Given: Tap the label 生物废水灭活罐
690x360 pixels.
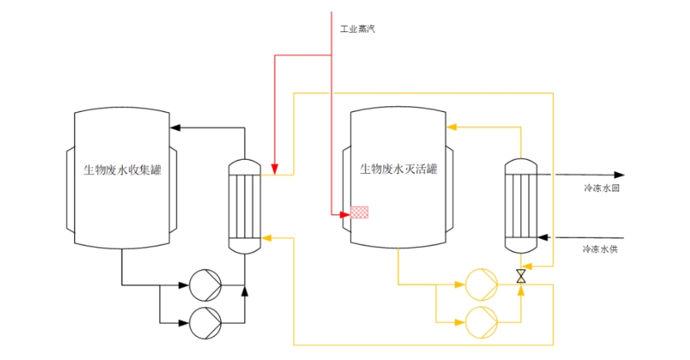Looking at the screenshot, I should pos(398,171).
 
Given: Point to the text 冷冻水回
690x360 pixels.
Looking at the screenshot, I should pos(601,188).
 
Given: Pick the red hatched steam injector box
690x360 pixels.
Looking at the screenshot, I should pos(359,213).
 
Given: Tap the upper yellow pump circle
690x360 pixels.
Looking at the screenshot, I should pos(481,285).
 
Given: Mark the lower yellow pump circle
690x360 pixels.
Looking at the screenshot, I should pos(481,320).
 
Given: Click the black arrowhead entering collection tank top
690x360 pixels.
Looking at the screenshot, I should pos(175,127).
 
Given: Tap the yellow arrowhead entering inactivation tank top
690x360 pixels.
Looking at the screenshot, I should pos(452,127).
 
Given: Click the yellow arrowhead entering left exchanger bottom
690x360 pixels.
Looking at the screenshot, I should pos(266,237).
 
